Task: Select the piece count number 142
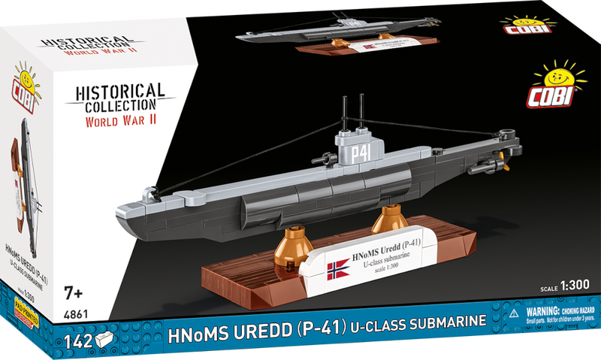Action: pos(77,338)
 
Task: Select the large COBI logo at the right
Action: pos(559,88)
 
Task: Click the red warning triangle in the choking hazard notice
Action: pos(515,310)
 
